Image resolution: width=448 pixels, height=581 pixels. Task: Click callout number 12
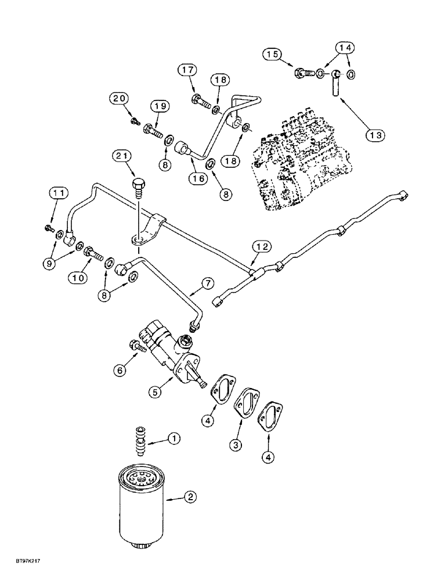click(x=261, y=248)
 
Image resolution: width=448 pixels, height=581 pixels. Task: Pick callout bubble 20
click(x=119, y=99)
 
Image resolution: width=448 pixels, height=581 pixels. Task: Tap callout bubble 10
click(x=78, y=278)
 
